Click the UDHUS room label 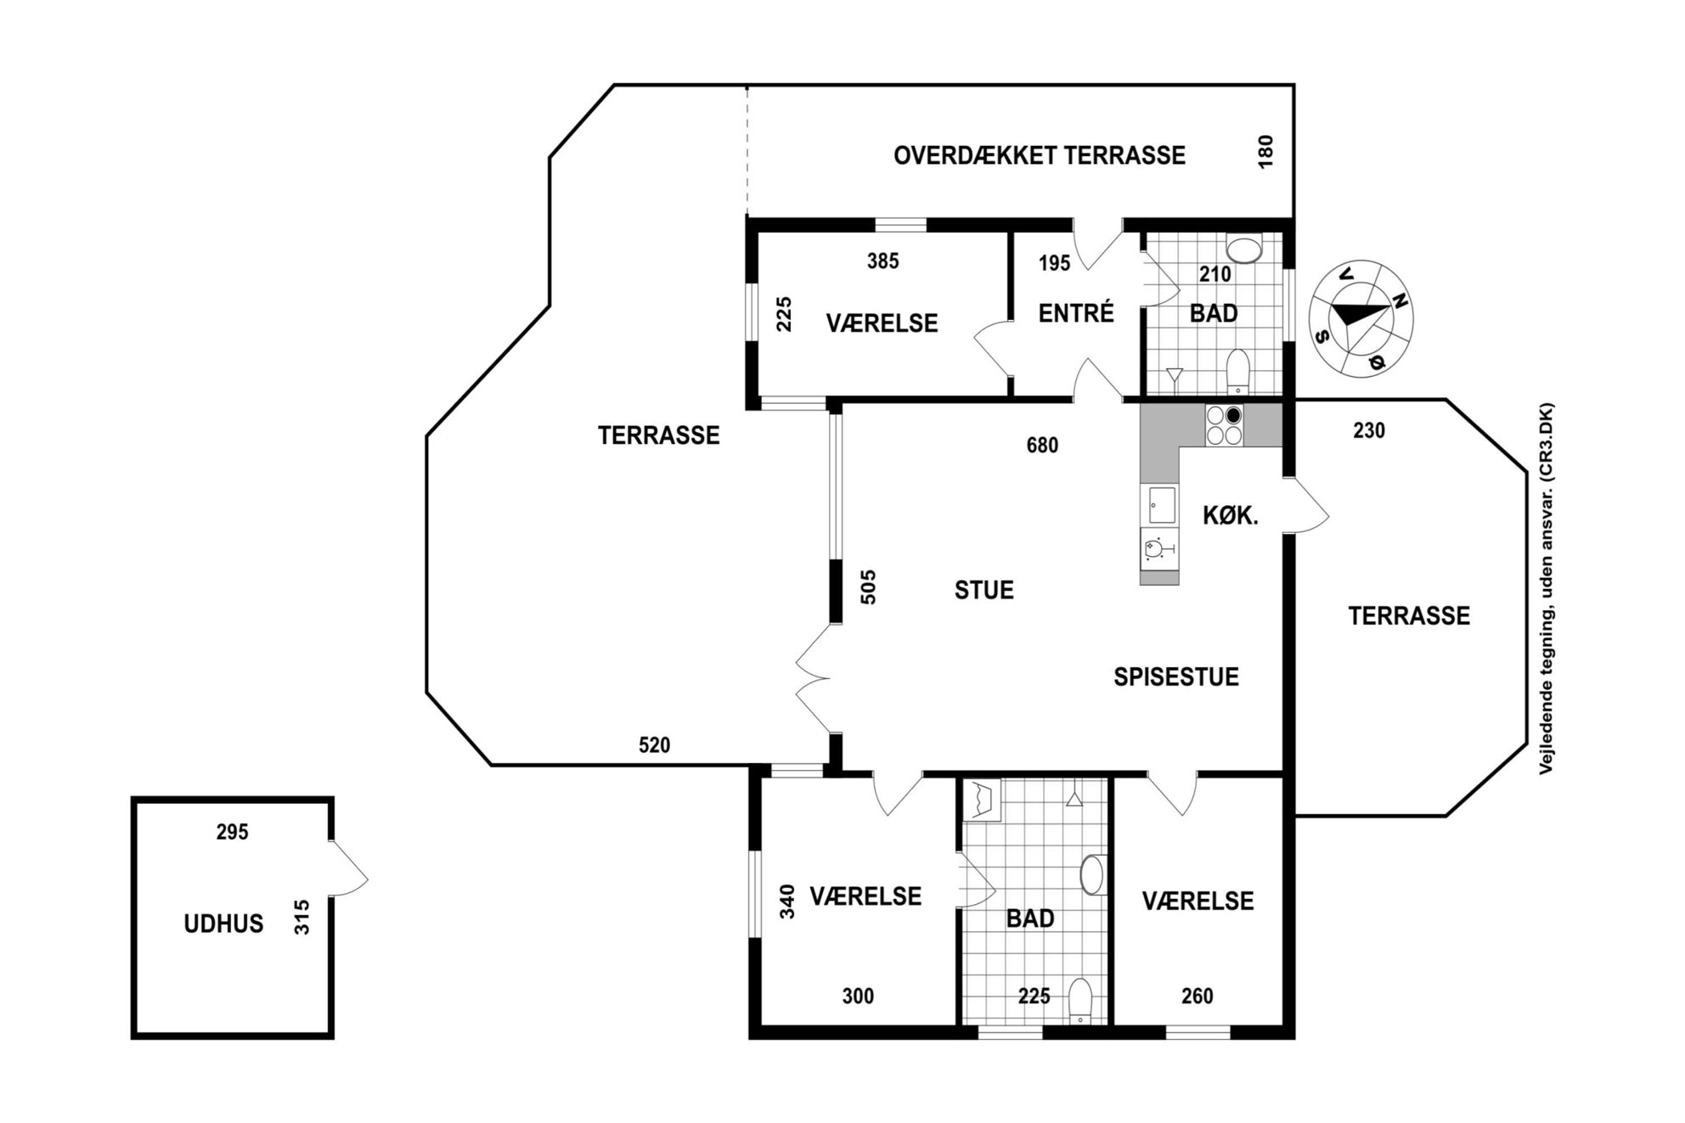(223, 924)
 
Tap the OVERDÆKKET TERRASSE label (1040, 155)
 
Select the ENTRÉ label (1076, 313)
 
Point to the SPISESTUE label (1176, 677)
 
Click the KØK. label (1231, 514)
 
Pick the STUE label (984, 590)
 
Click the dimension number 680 (1043, 445)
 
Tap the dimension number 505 (868, 587)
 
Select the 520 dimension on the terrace (654, 745)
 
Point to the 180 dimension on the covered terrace (1265, 152)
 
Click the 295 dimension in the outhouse (232, 832)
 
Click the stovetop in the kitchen (1224, 425)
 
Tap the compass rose (1361, 318)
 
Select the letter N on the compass (1400, 300)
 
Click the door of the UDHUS (348, 868)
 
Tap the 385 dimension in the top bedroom (883, 261)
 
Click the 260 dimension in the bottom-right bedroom (1198, 996)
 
